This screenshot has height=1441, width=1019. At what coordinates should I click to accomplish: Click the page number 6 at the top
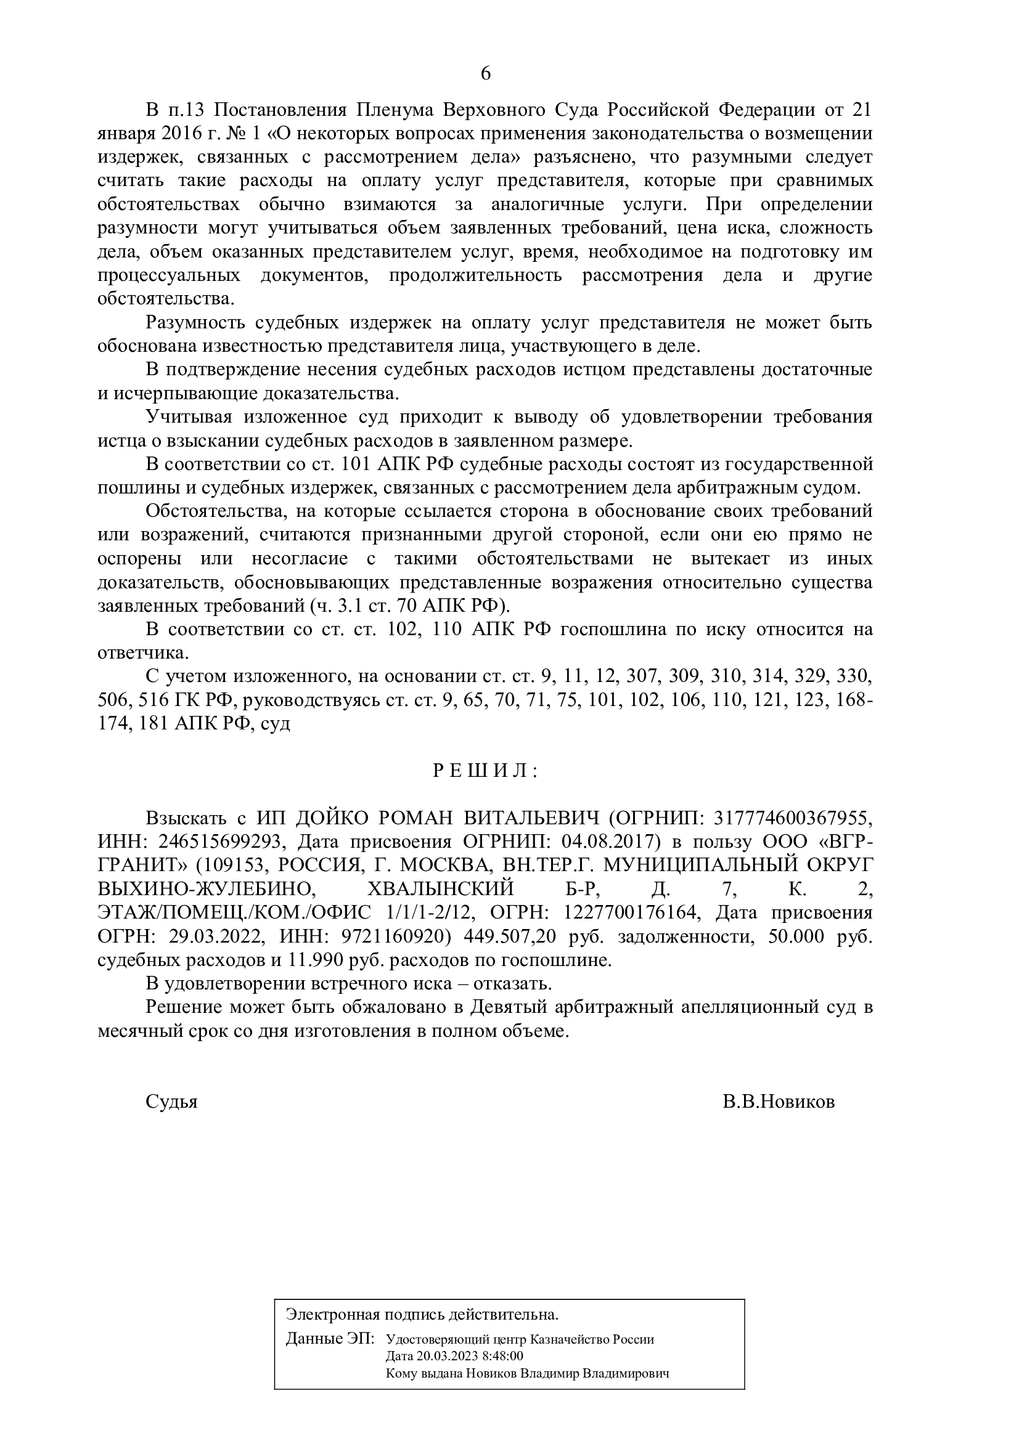click(x=485, y=74)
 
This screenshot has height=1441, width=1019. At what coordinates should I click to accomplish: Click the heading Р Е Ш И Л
click(x=485, y=771)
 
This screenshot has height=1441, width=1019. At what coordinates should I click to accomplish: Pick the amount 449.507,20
click(x=510, y=937)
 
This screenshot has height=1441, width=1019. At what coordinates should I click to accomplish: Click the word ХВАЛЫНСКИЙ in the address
click(x=440, y=890)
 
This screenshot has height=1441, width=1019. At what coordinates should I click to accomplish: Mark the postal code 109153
click(x=230, y=866)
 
